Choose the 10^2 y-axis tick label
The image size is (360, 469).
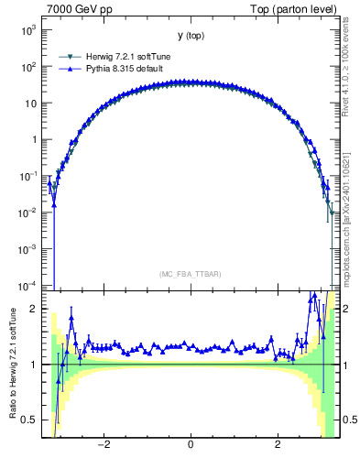point(27,67)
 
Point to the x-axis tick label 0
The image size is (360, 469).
point(191,445)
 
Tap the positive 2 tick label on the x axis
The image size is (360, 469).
point(278,445)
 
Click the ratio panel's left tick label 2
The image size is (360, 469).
point(34,309)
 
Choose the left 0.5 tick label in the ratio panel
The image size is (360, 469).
point(30,420)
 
